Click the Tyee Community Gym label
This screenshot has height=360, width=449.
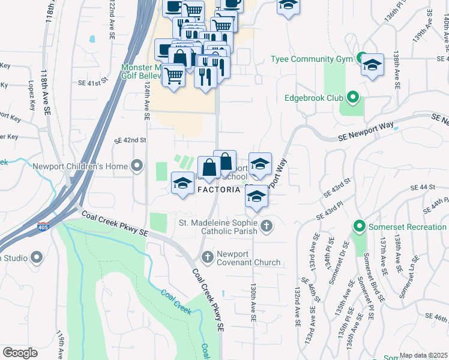pyautogui.click(x=310, y=59)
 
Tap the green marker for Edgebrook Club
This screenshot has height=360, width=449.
pyautogui.click(x=353, y=97)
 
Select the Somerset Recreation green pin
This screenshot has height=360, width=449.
pyautogui.click(x=360, y=227)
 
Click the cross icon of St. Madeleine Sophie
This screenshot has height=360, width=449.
pyautogui.click(x=267, y=226)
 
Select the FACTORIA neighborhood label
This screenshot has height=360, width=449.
pyautogui.click(x=219, y=189)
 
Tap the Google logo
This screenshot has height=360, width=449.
pyautogui.click(x=20, y=352)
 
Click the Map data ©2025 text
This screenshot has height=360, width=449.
pyautogui.click(x=423, y=355)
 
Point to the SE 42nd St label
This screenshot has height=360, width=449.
pyautogui.click(x=130, y=140)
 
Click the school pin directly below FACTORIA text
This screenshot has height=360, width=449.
pyautogui.click(x=256, y=196)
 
